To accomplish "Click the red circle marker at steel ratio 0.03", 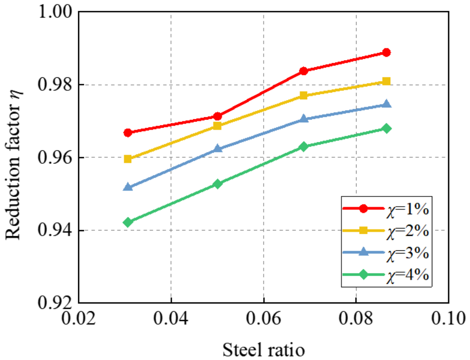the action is (x=128, y=133).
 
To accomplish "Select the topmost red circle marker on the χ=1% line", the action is (x=386, y=53).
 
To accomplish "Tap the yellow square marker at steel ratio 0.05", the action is (x=217, y=126).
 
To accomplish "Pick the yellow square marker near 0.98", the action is (x=386, y=81).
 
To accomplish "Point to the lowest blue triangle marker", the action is (x=128, y=187).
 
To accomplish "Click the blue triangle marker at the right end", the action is (x=386, y=104).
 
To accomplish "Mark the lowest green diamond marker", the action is (x=128, y=222).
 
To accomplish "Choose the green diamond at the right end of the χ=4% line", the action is (x=386, y=129).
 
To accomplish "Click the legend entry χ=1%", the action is (x=386, y=209).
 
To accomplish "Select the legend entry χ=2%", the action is (x=386, y=231).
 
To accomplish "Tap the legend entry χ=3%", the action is (x=386, y=253).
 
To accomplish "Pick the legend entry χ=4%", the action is (x=386, y=275).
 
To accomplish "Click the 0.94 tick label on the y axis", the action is (x=55, y=230).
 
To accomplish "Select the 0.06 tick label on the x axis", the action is (x=264, y=318).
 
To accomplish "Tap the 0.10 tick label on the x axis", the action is (x=448, y=318).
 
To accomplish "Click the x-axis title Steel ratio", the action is (x=264, y=350).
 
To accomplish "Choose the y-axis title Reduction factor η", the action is (x=13, y=165).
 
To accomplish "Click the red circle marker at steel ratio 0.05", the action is (x=217, y=117).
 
